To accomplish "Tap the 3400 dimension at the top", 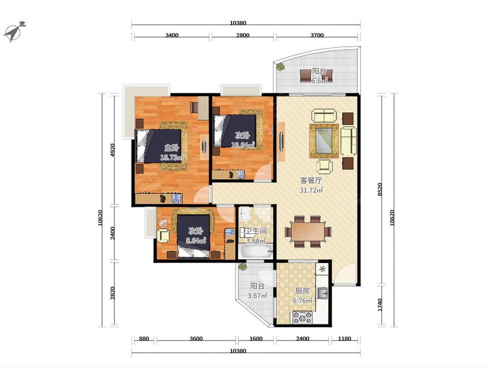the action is (171, 35).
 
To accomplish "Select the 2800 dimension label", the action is (243, 35).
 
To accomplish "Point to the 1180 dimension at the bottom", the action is (344, 338).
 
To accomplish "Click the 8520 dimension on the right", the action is (380, 189).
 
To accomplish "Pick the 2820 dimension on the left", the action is (113, 293).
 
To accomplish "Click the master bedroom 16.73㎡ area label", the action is (171, 157).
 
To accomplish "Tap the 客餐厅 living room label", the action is (311, 181).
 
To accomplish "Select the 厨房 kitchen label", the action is (302, 291).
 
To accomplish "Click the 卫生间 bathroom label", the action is (255, 232).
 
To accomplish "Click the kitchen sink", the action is (322, 293).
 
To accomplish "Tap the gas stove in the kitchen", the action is (303, 317).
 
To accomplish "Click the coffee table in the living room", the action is (324, 141).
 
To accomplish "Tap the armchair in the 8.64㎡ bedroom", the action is (163, 236).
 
